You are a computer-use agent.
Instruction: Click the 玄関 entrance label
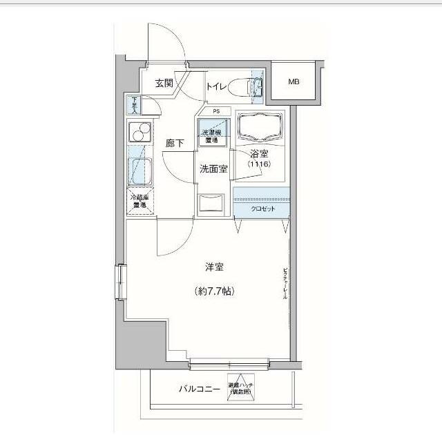click(x=164, y=84)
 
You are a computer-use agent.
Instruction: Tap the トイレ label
click(x=216, y=86)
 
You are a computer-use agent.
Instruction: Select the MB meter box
click(x=294, y=82)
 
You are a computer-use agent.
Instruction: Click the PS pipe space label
click(x=216, y=111)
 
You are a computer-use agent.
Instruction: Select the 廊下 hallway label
click(x=175, y=144)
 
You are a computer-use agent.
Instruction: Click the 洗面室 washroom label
click(x=213, y=168)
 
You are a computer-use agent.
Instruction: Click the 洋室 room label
click(x=213, y=267)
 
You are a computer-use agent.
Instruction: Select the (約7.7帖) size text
click(x=214, y=291)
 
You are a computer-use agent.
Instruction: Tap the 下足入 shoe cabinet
click(x=134, y=104)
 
